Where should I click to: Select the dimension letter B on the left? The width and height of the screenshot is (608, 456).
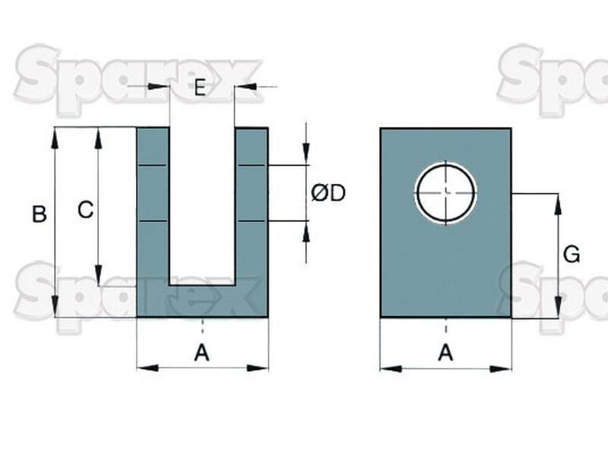[x=40, y=214]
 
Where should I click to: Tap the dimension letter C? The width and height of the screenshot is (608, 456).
[x=85, y=210]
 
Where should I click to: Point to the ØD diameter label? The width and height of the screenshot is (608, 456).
[x=328, y=193]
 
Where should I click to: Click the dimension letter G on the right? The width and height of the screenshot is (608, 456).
[x=572, y=255]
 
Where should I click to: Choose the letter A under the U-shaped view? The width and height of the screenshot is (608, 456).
[x=201, y=353]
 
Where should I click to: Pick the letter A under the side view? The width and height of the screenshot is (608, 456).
[x=445, y=353]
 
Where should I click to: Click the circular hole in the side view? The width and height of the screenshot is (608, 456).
[x=446, y=193]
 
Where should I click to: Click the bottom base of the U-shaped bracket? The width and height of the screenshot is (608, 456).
[x=202, y=301]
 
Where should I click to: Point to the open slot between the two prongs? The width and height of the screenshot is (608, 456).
[x=202, y=206]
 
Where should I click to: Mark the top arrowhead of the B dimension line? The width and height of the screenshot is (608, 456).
[x=55, y=138]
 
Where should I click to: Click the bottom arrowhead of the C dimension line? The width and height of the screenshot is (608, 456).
[x=99, y=275]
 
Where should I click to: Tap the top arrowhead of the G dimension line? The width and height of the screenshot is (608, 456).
[x=559, y=204]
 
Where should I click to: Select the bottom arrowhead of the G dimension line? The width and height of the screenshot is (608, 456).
[x=559, y=308]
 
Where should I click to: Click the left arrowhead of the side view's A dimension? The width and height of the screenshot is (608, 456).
[x=391, y=369]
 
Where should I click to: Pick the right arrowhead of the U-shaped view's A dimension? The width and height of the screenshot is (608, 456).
[x=258, y=368]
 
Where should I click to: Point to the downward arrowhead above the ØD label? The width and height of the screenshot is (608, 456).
[x=306, y=154]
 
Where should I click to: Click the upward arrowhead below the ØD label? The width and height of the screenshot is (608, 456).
[x=306, y=232]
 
